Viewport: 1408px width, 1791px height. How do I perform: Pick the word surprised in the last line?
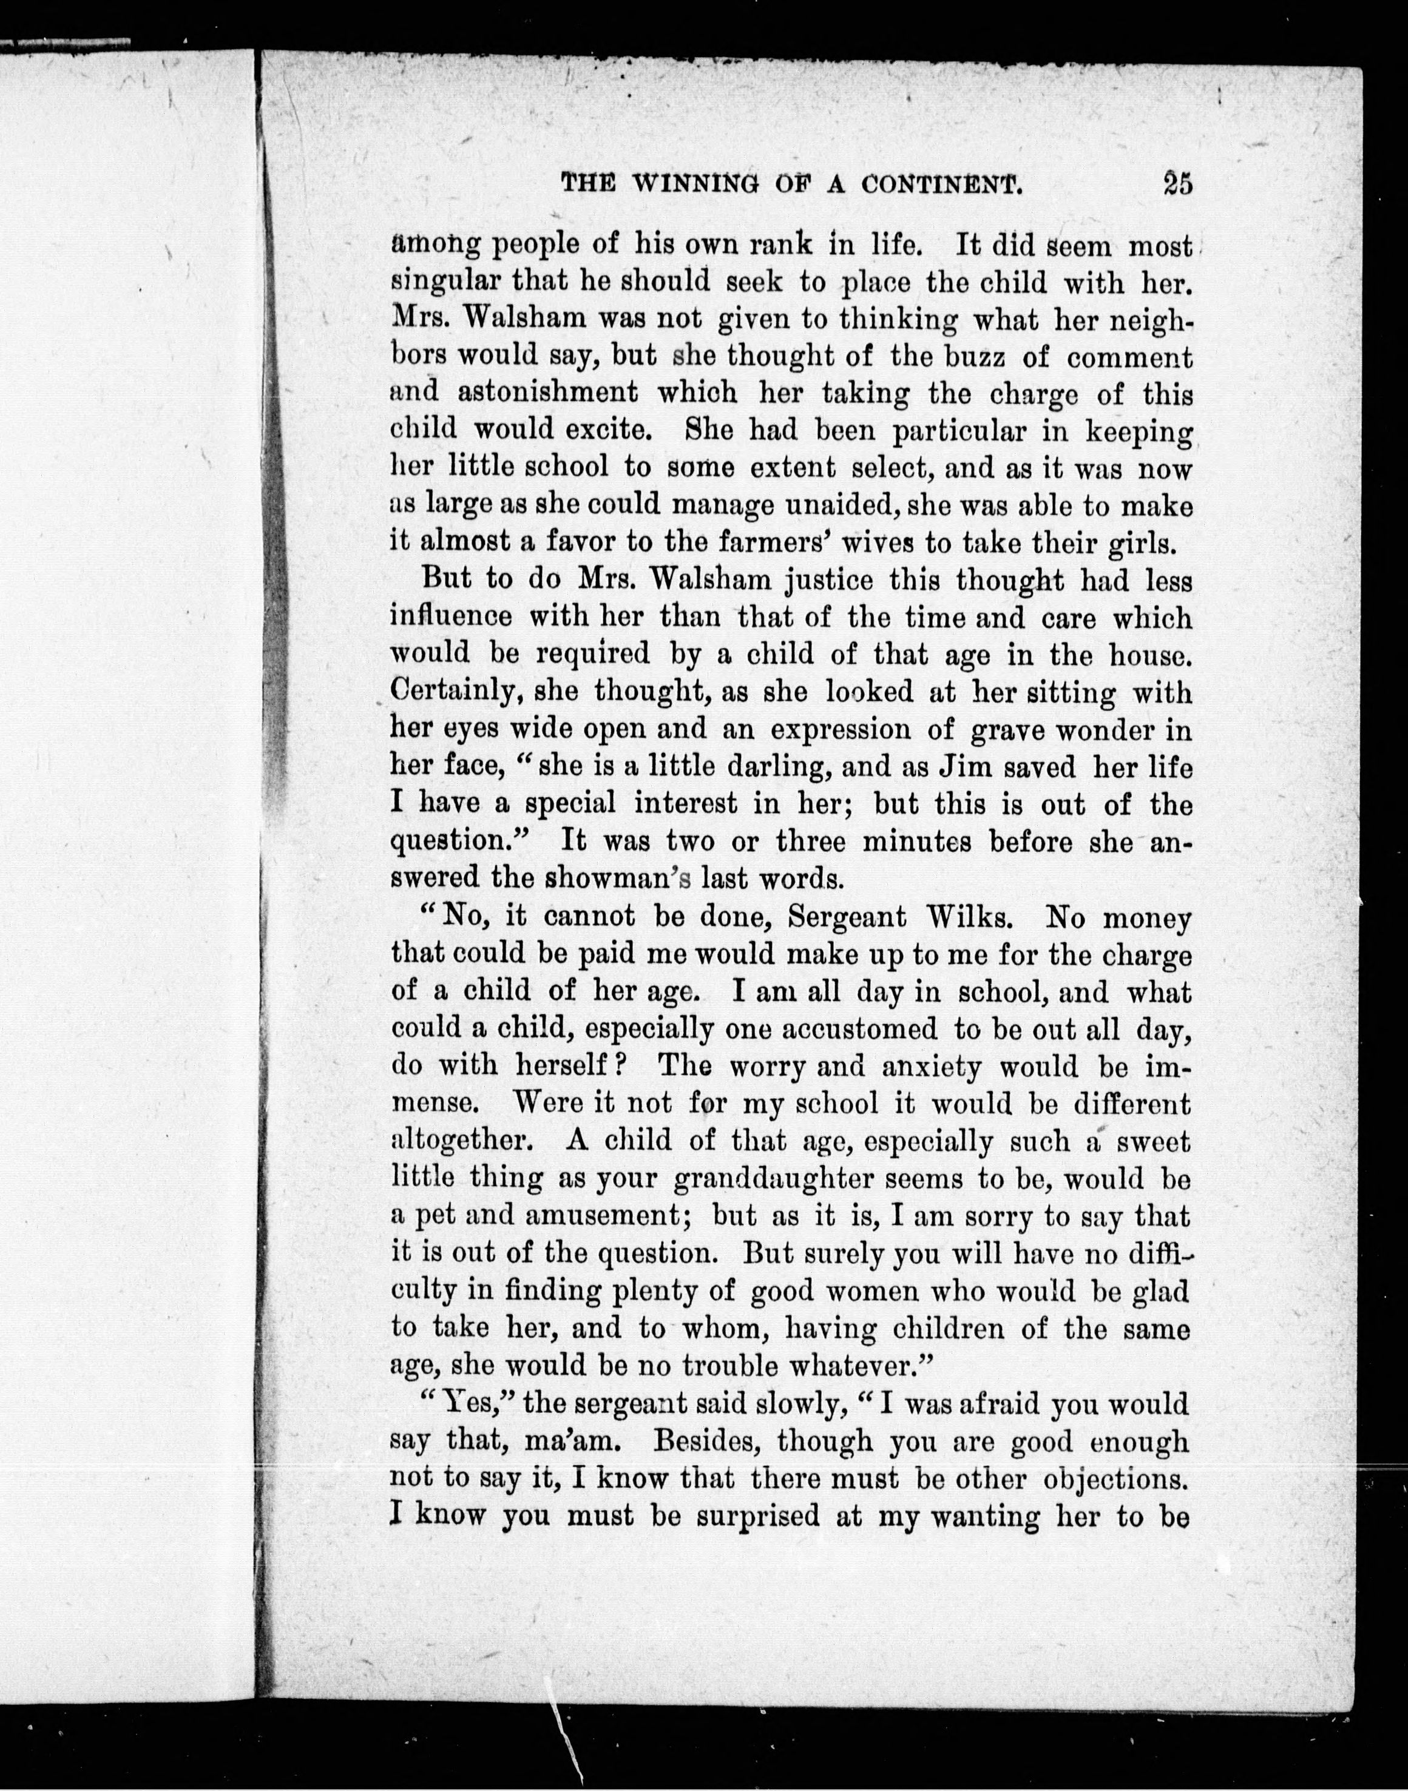pyautogui.click(x=757, y=1517)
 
